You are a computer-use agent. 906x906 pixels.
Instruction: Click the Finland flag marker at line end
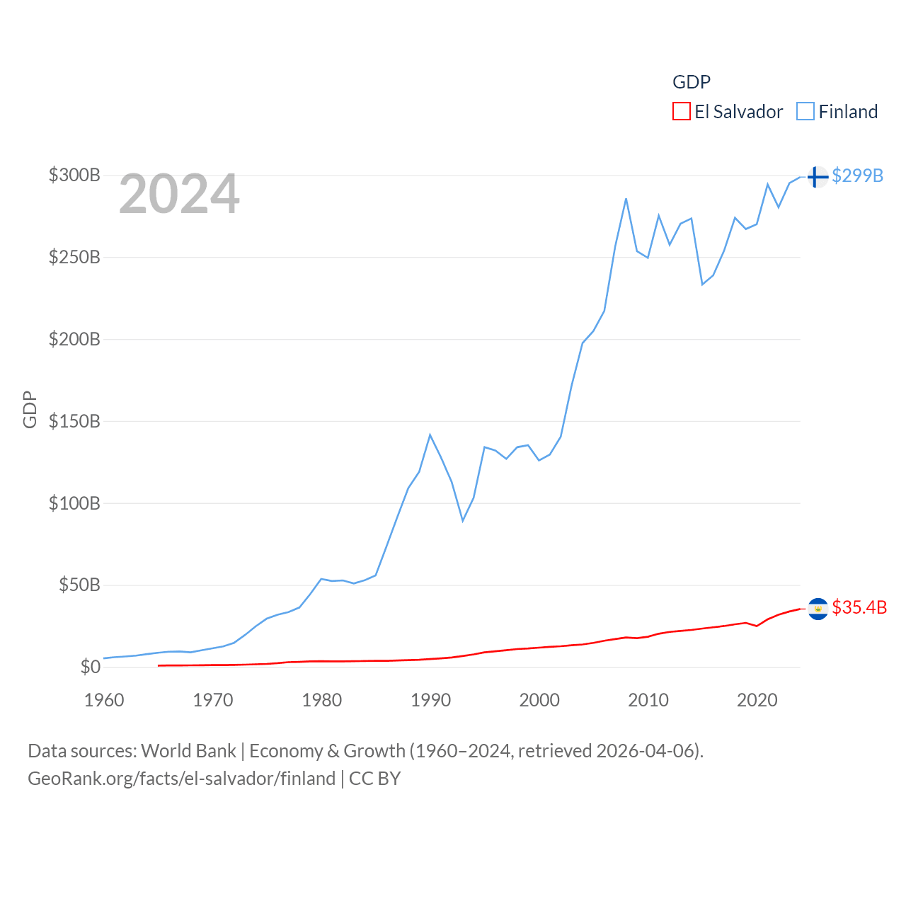click(818, 176)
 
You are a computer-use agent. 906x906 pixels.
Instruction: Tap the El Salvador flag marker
click(818, 609)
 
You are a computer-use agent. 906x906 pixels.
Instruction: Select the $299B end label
click(857, 176)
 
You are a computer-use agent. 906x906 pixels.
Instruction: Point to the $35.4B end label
click(859, 607)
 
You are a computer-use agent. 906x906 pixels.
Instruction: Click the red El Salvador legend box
click(681, 112)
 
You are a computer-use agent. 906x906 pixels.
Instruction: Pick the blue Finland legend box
click(805, 112)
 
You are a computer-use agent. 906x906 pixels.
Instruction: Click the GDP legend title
click(691, 82)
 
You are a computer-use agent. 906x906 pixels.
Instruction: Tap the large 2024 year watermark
click(179, 195)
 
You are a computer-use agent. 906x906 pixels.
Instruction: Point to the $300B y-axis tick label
click(74, 175)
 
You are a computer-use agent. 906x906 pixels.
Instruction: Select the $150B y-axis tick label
click(74, 421)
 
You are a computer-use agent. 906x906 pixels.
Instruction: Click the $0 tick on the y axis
click(90, 667)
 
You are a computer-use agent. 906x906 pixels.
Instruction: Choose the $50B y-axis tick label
click(79, 585)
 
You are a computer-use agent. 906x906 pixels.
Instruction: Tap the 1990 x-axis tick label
click(430, 700)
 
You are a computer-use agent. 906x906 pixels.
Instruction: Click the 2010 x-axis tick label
click(648, 700)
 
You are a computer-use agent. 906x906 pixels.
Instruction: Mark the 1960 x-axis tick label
click(104, 700)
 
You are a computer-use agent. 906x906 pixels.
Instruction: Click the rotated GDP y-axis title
click(30, 409)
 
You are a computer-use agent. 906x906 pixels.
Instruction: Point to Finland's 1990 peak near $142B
click(430, 435)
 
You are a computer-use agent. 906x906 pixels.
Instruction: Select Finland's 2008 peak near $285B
click(626, 199)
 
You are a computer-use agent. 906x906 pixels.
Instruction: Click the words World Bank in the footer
click(188, 751)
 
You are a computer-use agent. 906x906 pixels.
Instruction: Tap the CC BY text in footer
click(374, 779)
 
